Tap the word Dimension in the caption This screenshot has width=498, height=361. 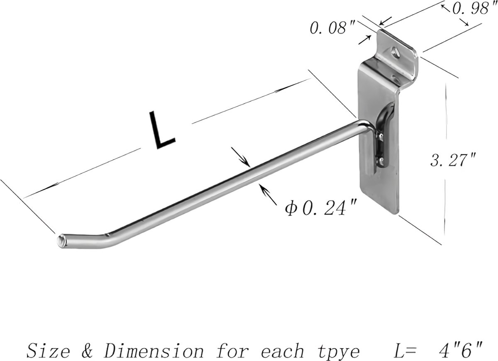coord(154,351)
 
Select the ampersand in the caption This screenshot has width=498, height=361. coord(87,351)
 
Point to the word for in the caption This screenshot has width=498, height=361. coord(233,351)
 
